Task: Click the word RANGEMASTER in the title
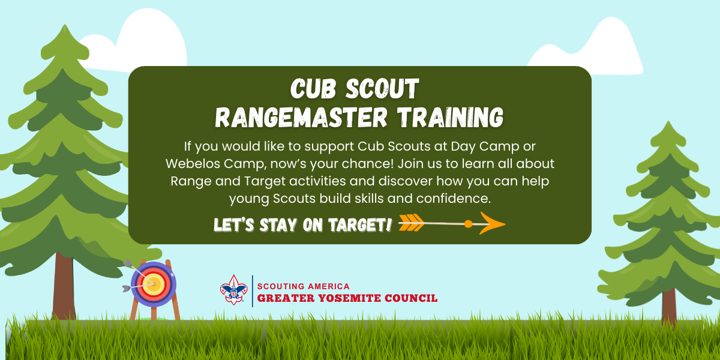pyautogui.click(x=301, y=118)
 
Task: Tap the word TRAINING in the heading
pyautogui.click(x=451, y=118)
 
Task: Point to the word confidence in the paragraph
pyautogui.click(x=454, y=199)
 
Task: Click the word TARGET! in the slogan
pyautogui.click(x=360, y=224)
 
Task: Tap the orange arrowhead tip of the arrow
pyautogui.click(x=505, y=224)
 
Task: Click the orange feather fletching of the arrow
pyautogui.click(x=411, y=223)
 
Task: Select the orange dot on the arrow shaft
pyautogui.click(x=469, y=224)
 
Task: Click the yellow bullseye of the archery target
pyautogui.click(x=153, y=284)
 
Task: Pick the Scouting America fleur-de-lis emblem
pyautogui.click(x=233, y=290)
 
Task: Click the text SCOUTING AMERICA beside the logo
pyautogui.click(x=303, y=286)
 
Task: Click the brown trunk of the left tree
pyautogui.click(x=64, y=286)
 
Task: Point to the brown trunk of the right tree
pyautogui.click(x=669, y=307)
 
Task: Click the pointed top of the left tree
pyautogui.click(x=65, y=25)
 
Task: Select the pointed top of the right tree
pyautogui.click(x=668, y=122)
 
